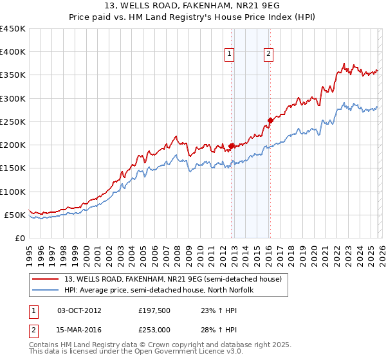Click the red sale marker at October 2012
231,146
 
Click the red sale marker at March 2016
270,120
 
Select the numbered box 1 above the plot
230,55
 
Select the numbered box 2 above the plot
268,55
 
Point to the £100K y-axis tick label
12,192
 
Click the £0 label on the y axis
19,238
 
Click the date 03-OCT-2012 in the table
79,310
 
